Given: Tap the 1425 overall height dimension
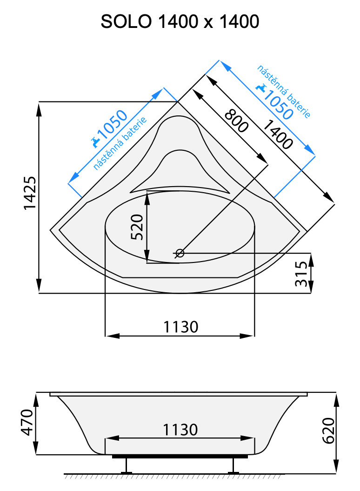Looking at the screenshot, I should coord(29,193).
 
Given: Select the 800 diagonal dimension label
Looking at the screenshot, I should coord(236,121).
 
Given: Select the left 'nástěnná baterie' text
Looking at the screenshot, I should coord(120,143).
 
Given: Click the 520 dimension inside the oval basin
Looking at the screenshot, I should coord(137,227).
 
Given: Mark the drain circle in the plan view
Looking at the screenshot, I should coord(180,253).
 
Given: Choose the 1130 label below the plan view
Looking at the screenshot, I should coord(180,327).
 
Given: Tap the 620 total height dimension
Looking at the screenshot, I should coord(328,431).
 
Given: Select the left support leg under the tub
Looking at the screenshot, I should coord(126,466).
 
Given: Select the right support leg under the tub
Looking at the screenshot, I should coord(233,466).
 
